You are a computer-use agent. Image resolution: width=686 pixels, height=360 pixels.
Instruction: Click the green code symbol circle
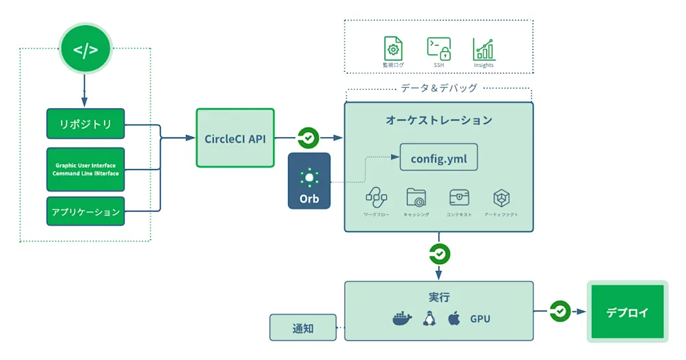point(85,50)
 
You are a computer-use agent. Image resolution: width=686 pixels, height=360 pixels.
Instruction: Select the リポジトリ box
point(85,124)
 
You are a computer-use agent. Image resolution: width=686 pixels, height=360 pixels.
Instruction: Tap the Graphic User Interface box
point(85,169)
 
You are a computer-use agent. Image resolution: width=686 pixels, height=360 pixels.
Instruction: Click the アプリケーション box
point(85,211)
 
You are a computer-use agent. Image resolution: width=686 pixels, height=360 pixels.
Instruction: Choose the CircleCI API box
point(235,138)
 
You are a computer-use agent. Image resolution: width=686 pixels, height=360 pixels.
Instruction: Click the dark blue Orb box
point(309,181)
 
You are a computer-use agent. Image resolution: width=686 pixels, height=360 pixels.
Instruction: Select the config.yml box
point(438,159)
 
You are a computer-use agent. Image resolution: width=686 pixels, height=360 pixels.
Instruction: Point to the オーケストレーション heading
point(438,120)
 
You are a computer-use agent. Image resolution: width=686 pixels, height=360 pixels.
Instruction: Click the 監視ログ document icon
point(393,49)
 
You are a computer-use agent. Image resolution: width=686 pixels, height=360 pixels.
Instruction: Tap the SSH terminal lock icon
point(438,49)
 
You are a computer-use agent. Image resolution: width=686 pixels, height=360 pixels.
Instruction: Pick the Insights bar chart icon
point(484,49)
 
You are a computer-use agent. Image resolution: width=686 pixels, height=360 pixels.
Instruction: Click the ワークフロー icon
point(376,198)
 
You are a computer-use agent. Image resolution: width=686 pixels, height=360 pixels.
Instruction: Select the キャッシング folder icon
point(417,198)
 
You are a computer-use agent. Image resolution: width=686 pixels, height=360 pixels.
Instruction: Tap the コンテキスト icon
point(459,198)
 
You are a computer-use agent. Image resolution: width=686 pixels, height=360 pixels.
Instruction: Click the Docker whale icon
point(402,318)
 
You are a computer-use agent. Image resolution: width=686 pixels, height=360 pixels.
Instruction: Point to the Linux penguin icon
point(430,318)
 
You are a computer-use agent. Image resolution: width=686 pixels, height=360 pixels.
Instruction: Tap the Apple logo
point(453,318)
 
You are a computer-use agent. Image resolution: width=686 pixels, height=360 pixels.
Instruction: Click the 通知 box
point(303,328)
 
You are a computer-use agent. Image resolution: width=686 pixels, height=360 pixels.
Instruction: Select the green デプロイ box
point(627,312)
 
